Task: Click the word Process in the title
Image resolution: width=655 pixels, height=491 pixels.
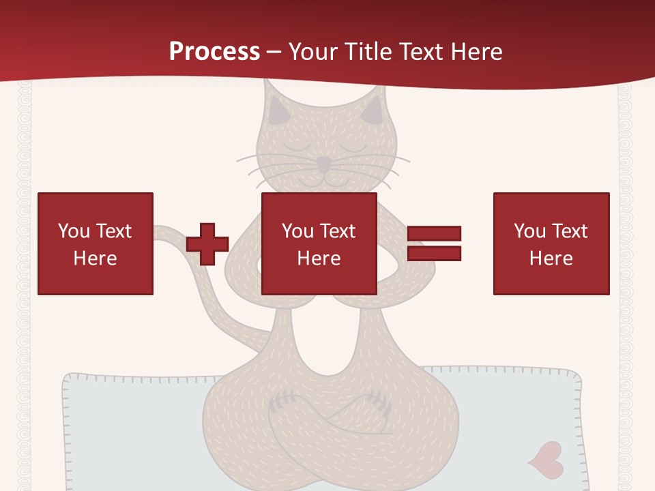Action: pyautogui.click(x=214, y=52)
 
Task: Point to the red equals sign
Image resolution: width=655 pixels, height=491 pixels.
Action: pyautogui.click(x=434, y=243)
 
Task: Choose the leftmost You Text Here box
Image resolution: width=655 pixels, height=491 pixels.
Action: pyautogui.click(x=96, y=243)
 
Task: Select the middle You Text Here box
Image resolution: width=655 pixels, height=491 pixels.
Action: pyautogui.click(x=319, y=243)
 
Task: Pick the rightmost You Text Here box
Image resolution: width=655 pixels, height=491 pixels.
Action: pyautogui.click(x=551, y=243)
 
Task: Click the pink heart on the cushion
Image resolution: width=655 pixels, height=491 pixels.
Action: pyautogui.click(x=546, y=458)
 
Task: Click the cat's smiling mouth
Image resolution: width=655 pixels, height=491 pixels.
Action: pyautogui.click(x=325, y=179)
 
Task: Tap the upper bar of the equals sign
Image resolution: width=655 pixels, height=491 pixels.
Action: pyautogui.click(x=434, y=234)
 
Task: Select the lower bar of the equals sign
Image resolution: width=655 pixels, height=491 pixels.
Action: pyautogui.click(x=434, y=253)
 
